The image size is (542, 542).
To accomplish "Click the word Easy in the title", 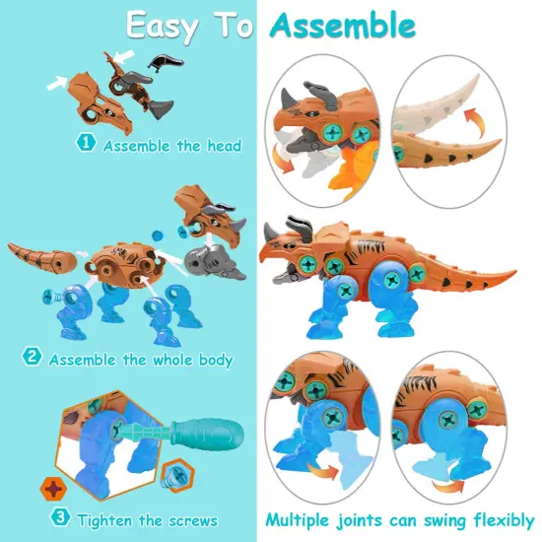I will click(169, 27).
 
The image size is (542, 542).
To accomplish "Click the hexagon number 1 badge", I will click(86, 145).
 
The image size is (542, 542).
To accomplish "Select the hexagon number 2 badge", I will click(32, 359).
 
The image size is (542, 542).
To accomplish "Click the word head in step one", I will click(222, 146).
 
